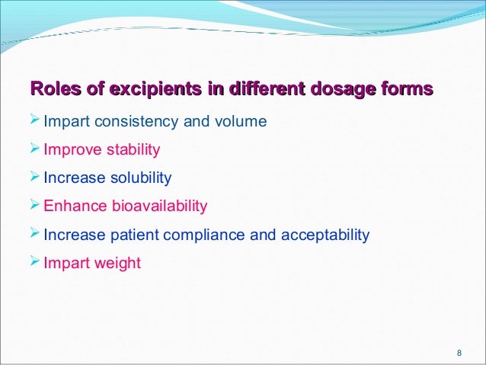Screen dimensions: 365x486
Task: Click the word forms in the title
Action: click(408, 90)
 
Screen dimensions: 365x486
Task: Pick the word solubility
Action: click(141, 178)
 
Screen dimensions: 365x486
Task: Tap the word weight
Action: click(116, 264)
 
